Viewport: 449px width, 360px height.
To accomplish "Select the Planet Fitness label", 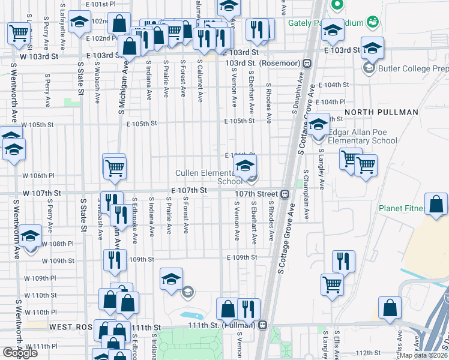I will tap(403, 209).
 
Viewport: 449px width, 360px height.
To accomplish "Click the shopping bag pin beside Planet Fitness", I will tap(436, 204).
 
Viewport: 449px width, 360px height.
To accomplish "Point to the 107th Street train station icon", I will tap(285, 194).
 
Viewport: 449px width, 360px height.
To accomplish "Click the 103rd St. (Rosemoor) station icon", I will tap(307, 62).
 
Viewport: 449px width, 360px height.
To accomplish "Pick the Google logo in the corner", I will tap(20, 353).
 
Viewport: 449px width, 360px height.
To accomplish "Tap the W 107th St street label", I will tap(42, 194).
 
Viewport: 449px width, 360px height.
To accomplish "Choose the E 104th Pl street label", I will tap(332, 102).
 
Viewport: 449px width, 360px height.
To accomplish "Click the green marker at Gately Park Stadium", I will tap(337, 5).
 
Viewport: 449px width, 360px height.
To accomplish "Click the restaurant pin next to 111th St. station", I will tap(249, 309).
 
